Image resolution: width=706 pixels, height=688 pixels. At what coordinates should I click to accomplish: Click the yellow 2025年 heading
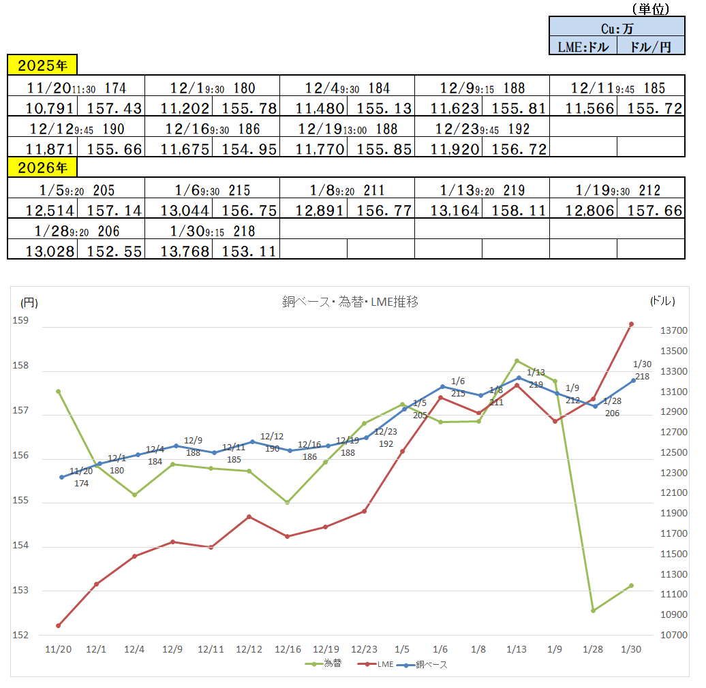tap(42, 65)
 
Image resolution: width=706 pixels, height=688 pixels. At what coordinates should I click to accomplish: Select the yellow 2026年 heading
tap(42, 168)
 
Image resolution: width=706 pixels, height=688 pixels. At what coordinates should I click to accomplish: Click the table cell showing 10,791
tap(42, 108)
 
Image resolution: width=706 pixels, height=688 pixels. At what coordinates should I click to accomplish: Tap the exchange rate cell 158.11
tap(515, 210)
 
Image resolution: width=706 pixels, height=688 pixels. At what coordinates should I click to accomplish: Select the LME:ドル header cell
tap(583, 46)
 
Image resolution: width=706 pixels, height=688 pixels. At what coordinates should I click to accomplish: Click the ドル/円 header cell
tap(650, 46)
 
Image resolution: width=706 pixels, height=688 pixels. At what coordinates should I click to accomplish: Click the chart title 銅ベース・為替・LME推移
tap(350, 302)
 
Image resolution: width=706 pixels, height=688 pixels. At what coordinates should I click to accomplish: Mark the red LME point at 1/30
tap(631, 324)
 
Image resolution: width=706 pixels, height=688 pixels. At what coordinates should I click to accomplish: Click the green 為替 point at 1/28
tap(593, 610)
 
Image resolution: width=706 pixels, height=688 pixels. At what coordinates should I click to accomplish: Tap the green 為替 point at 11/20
tap(59, 392)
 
